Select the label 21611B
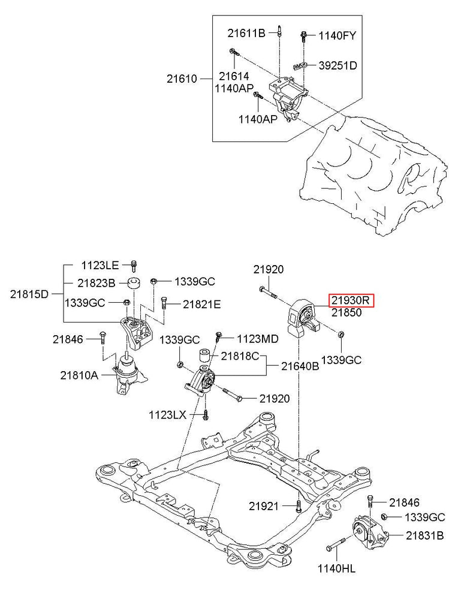(246, 34)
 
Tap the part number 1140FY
(337, 35)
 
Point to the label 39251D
(337, 65)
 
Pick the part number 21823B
(96, 282)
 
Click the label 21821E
(202, 305)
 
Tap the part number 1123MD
(258, 339)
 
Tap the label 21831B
(424, 535)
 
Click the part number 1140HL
(336, 567)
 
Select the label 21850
(346, 312)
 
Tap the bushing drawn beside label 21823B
(134, 283)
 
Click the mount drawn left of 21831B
(368, 532)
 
